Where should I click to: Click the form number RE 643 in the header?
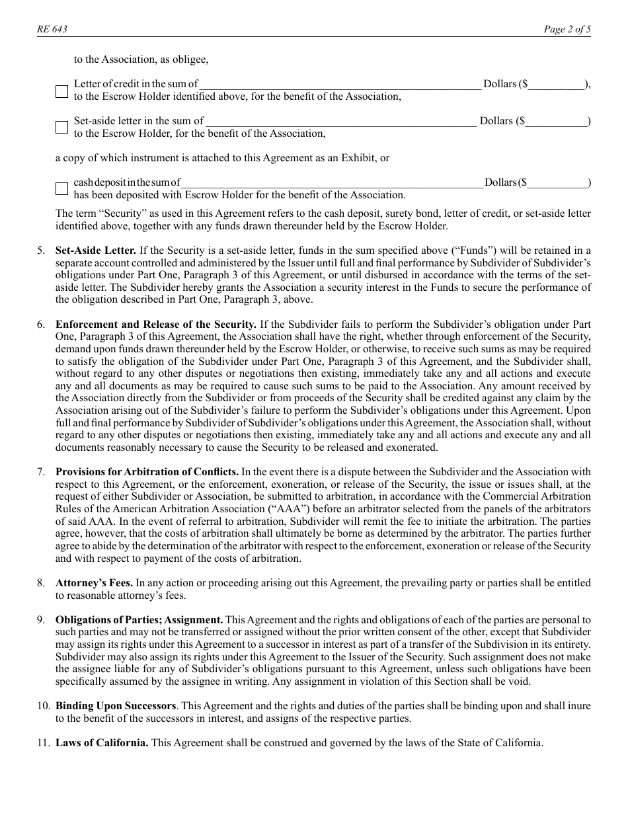[52, 30]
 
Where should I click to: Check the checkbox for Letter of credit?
[61, 91]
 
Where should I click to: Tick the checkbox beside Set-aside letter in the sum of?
[61, 128]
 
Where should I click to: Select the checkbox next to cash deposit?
[61, 189]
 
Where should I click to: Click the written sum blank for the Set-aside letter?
[340, 122]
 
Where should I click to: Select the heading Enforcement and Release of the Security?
[156, 325]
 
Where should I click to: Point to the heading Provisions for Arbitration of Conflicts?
[147, 472]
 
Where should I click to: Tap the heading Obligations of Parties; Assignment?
[139, 620]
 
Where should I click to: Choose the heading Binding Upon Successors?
[116, 707]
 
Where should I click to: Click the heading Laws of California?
[102, 743]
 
